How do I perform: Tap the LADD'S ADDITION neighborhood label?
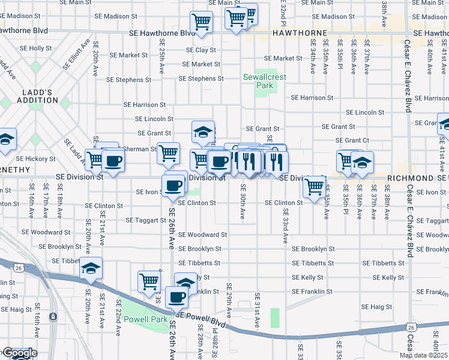coord(35,96)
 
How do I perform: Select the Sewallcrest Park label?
coord(258,81)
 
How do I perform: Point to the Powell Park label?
coord(149,320)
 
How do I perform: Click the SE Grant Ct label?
coord(352,140)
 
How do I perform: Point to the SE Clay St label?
coord(201,50)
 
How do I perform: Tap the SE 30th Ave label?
coord(243,206)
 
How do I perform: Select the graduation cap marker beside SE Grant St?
coord(203,131)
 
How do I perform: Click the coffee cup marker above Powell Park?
coord(176,296)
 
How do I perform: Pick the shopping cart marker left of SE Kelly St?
coord(149,281)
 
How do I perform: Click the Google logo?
coord(19,353)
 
